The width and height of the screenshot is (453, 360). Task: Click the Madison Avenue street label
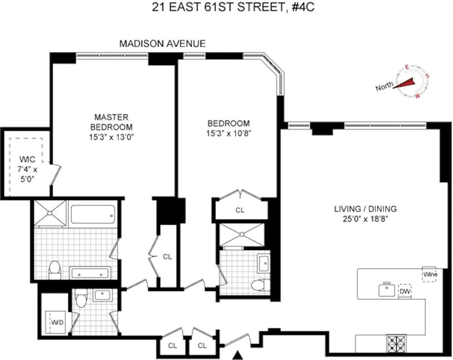[x=163, y=44]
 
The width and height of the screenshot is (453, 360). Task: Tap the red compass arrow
[x=404, y=83]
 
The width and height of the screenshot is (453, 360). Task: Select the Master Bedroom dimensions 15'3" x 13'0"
[x=112, y=137]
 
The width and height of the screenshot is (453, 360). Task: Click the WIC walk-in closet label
[x=27, y=160]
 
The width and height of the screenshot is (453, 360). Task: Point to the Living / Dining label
[x=365, y=209]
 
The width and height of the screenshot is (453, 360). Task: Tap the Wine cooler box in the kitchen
[x=430, y=275]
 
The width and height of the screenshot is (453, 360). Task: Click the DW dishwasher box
[x=405, y=292]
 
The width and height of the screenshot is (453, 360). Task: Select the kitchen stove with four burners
[x=396, y=344]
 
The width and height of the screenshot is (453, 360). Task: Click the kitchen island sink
[x=387, y=289]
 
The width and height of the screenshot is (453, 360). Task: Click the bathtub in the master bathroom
[x=92, y=214]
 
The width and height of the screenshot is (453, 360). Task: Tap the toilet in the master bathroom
[x=54, y=269]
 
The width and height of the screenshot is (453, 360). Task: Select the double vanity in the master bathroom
[x=90, y=273]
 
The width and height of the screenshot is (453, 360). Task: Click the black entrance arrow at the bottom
[x=238, y=355]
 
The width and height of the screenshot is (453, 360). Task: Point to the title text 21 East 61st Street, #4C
[x=233, y=7]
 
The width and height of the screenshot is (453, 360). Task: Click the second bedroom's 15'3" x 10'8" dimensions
[x=229, y=134]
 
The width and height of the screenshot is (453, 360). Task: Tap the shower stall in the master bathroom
[x=50, y=213]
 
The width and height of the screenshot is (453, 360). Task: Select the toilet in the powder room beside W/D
[x=80, y=298]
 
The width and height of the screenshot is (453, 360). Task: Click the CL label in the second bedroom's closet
[x=240, y=210]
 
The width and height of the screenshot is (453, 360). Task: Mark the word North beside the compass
[x=384, y=86]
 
